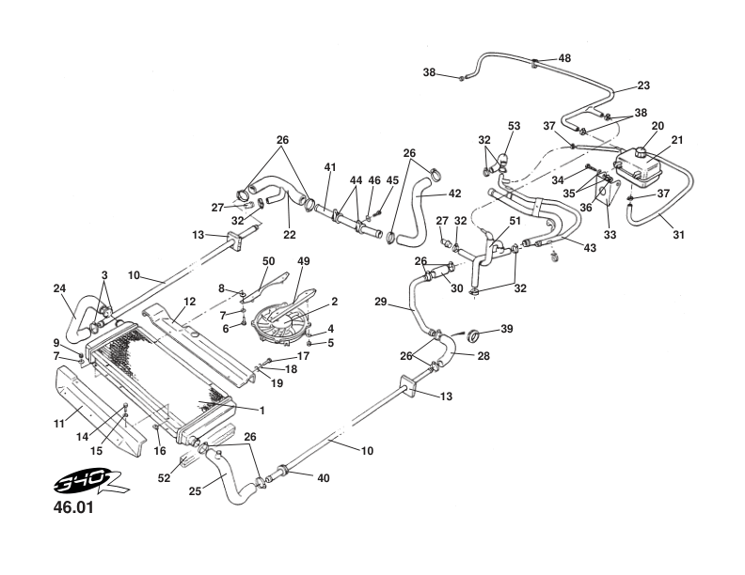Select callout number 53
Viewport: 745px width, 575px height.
click(x=514, y=125)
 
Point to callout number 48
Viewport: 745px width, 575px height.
click(x=564, y=58)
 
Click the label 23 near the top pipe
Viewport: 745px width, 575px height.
click(x=643, y=85)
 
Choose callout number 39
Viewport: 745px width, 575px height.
click(x=507, y=330)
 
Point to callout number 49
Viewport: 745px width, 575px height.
click(x=303, y=262)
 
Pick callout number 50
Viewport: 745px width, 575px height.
click(x=268, y=260)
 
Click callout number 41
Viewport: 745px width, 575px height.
click(x=330, y=167)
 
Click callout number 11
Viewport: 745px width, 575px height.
click(x=58, y=424)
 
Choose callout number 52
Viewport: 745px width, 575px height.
click(x=165, y=477)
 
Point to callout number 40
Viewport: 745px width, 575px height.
click(x=323, y=478)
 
